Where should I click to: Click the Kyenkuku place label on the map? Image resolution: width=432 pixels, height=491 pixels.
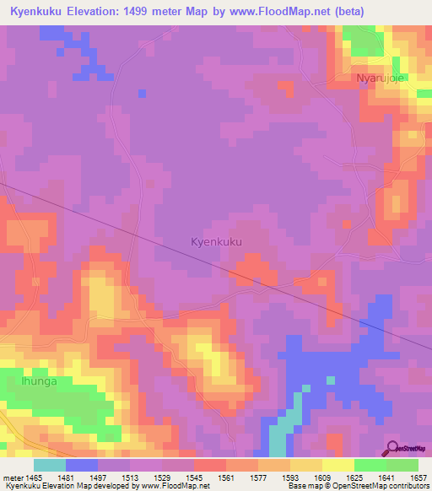[217, 242]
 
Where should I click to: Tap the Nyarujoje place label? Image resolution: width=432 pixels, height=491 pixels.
[381, 78]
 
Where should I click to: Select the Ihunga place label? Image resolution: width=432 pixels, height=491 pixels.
[37, 381]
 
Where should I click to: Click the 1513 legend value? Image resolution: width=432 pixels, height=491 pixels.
[130, 477]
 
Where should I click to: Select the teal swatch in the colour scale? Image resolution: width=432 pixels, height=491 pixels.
[49, 465]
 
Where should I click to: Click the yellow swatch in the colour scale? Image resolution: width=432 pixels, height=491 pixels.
[337, 465]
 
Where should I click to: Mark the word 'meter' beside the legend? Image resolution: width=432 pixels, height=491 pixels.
[13, 477]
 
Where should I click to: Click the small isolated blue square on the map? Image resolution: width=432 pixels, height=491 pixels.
[142, 93]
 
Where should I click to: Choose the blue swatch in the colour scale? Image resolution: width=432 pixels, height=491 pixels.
[81, 465]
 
